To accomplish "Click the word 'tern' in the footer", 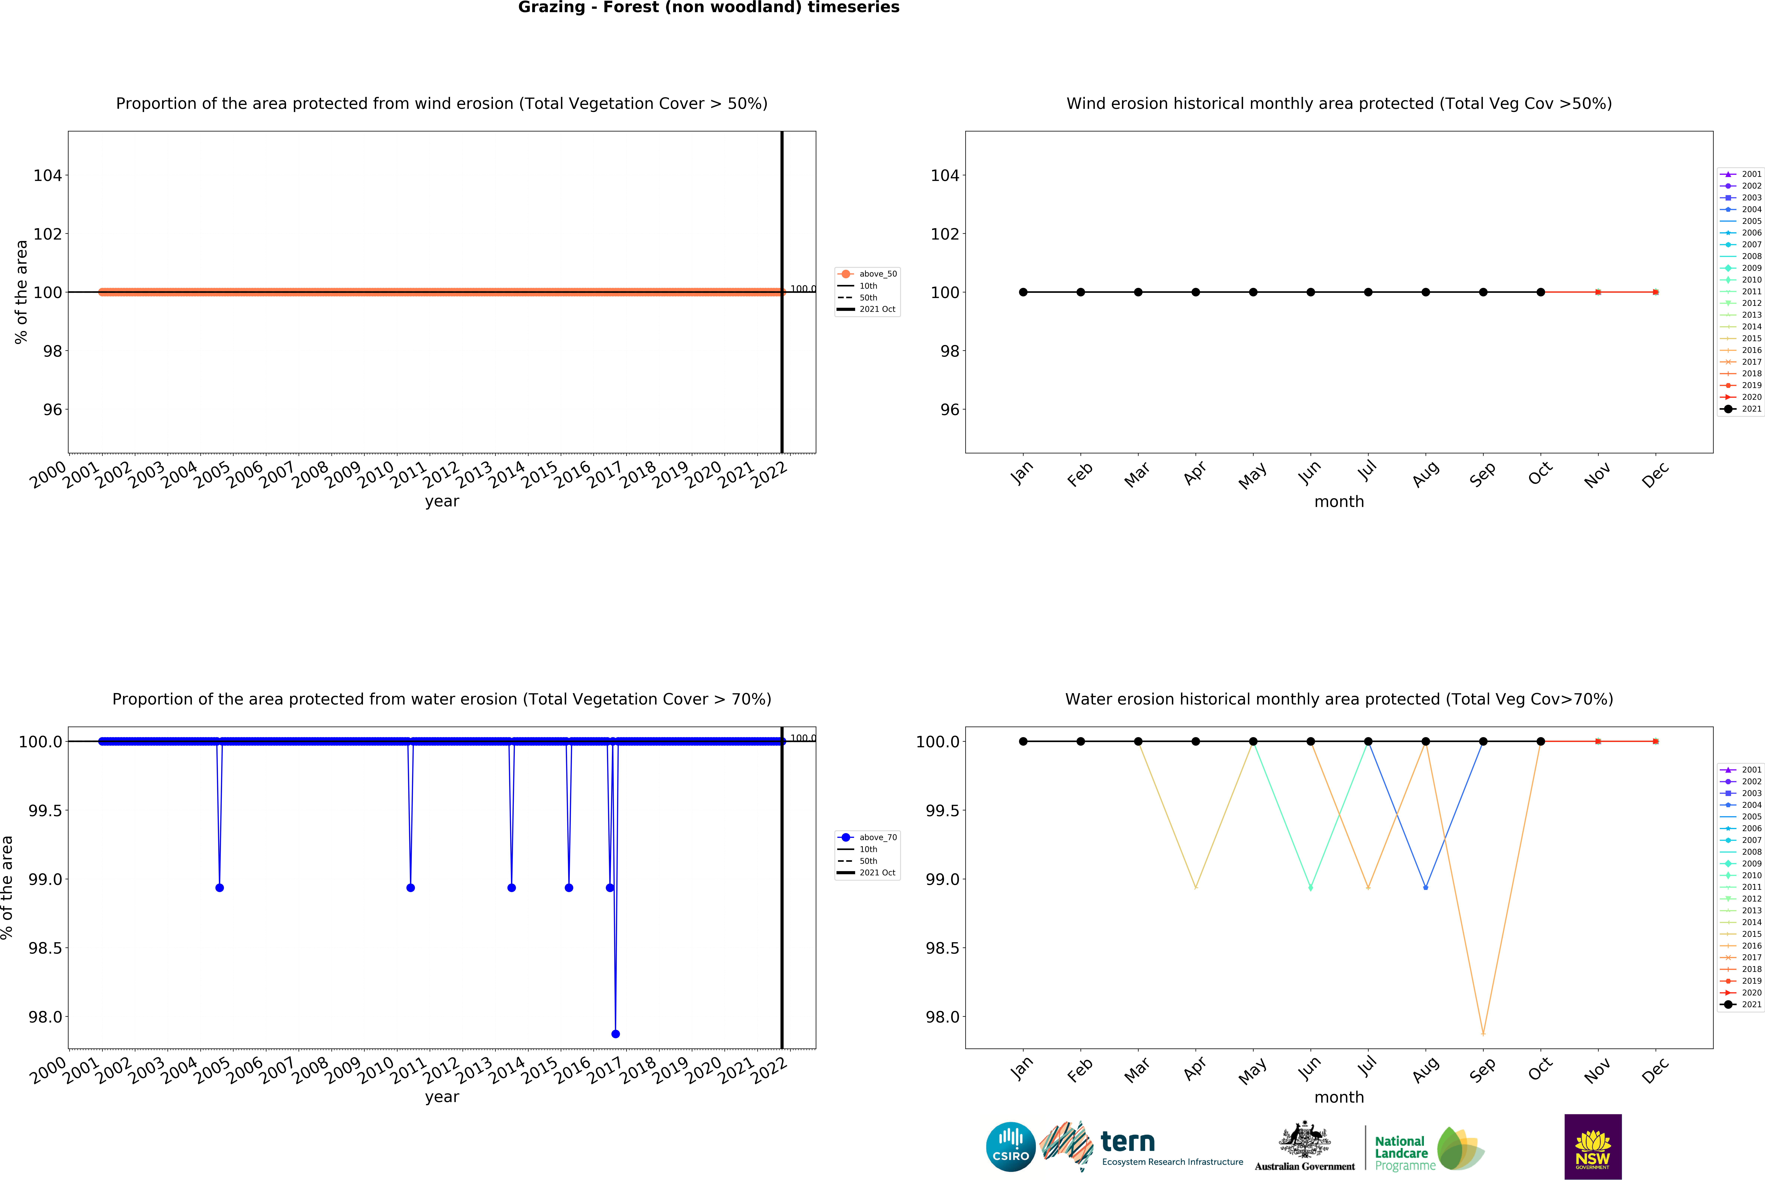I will tap(1128, 1141).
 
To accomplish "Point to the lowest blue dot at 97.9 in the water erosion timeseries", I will tap(615, 1034).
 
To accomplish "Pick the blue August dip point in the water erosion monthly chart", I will tap(1426, 887).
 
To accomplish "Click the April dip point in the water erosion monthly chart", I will tap(1195, 887).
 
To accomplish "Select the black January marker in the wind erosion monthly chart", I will tap(1023, 292).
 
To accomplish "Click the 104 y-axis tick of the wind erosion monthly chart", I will tap(945, 175).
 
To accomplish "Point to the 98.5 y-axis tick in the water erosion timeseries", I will tap(46, 948).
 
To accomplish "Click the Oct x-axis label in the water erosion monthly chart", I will tap(1539, 1069).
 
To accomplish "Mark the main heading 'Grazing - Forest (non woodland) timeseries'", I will tap(709, 8).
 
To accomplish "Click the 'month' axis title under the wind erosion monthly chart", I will tap(1339, 502).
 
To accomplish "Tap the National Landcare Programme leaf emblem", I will tap(1460, 1148).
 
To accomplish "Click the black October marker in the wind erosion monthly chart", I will tap(1540, 292).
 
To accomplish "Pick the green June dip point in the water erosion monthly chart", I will tap(1310, 887).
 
